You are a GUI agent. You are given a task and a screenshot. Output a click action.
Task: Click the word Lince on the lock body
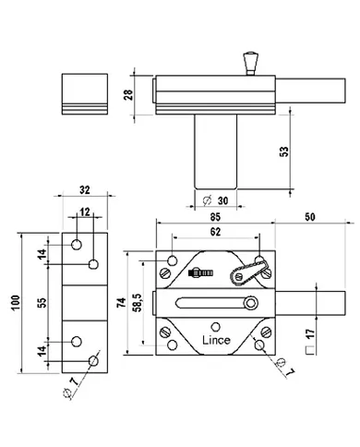pyautogui.click(x=216, y=340)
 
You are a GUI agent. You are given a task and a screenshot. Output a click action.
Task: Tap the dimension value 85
pyautogui.click(x=215, y=217)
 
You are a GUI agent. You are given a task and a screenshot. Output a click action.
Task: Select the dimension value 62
pyautogui.click(x=215, y=232)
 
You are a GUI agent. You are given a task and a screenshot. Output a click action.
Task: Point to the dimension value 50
pyautogui.click(x=310, y=217)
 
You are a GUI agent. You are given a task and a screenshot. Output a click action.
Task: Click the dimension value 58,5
pyautogui.click(x=138, y=303)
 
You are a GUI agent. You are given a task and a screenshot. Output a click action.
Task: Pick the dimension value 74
pyautogui.click(x=122, y=303)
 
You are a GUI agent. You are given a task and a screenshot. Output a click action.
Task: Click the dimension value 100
pyautogui.click(x=16, y=303)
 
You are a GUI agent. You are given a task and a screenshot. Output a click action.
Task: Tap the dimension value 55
pyautogui.click(x=42, y=303)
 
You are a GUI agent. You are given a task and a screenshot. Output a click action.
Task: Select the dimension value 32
pyautogui.click(x=85, y=190)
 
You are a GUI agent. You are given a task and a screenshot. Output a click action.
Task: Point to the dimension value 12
pyautogui.click(x=85, y=211)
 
